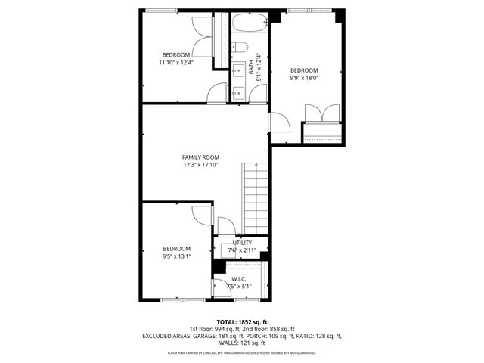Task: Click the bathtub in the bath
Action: coord(250,22)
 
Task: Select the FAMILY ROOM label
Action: coord(200,157)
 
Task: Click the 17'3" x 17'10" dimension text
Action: coord(200,165)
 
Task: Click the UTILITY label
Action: coord(242,243)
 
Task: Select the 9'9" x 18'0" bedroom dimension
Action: coord(305,77)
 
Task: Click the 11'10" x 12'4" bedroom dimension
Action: coord(175,63)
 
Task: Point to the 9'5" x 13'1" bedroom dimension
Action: coord(176,256)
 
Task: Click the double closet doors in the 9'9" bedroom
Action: coord(323,113)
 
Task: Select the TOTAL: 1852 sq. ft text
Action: coord(242,321)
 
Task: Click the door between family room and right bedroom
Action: coord(278,123)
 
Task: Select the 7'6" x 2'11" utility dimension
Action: coord(242,250)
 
